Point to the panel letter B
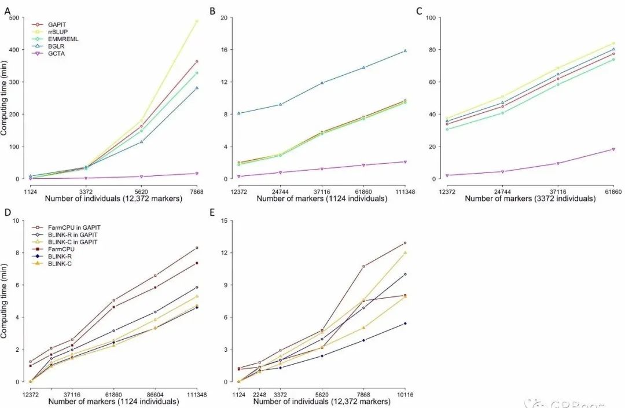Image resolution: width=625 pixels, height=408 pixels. tap(212, 10)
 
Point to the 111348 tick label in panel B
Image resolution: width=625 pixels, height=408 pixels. tap(405, 190)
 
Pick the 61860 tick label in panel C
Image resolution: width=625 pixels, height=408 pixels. tap(613, 190)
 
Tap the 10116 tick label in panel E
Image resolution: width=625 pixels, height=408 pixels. tap(405, 393)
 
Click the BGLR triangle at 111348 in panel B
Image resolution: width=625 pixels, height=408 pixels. tap(405, 51)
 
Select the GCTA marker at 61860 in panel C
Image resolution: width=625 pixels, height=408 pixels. tap(613, 149)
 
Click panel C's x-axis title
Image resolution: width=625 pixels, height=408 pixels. tap(529, 199)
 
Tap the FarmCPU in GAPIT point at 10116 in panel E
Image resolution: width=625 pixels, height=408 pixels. tap(405, 243)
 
